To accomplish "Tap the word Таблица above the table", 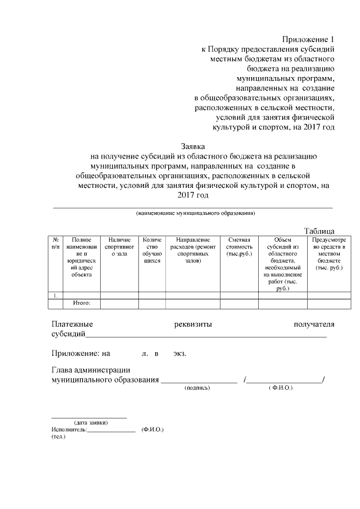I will click(319, 231).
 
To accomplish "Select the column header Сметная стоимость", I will click(239, 247).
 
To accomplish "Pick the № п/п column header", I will click(55, 244).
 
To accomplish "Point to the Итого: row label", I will click(82, 303).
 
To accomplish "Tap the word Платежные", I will click(72, 324).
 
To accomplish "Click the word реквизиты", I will click(193, 324).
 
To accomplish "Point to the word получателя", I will click(314, 324).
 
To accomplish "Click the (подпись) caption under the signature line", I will click(197, 388).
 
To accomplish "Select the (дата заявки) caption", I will click(91, 422).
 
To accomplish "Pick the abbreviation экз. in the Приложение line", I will click(179, 354).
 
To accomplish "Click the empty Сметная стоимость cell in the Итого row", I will click(239, 304).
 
